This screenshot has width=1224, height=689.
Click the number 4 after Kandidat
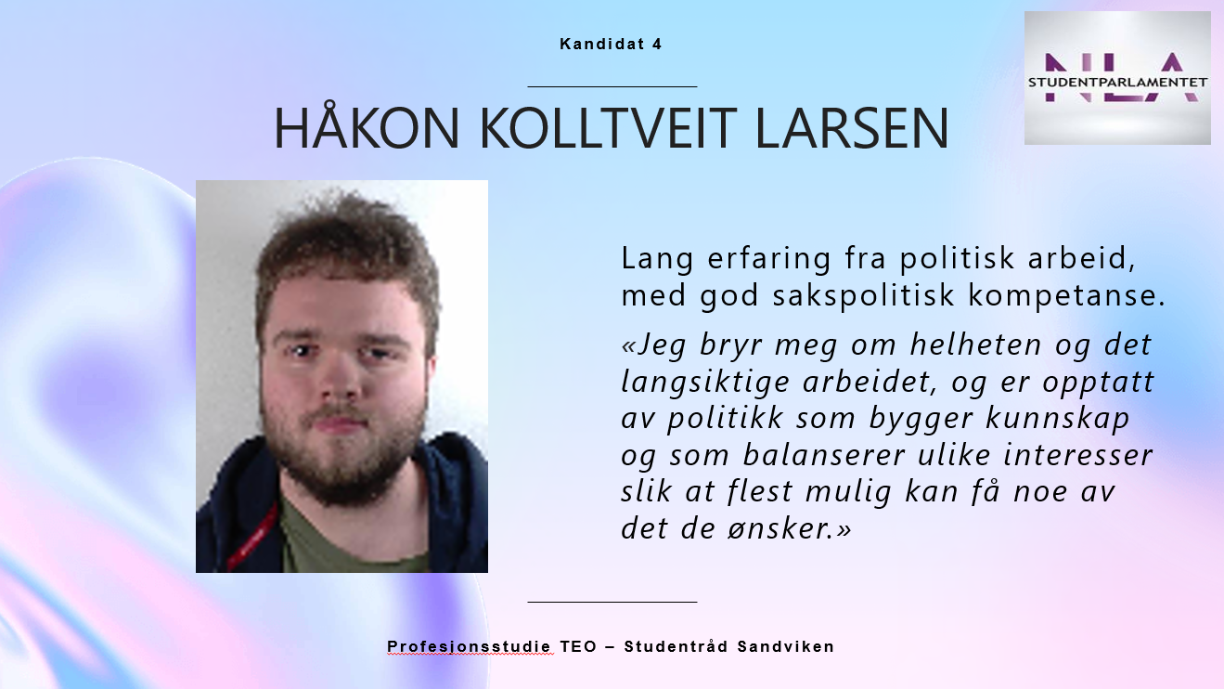[x=656, y=44]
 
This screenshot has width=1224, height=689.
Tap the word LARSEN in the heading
[x=852, y=128]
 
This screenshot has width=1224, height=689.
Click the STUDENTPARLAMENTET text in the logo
[x=1117, y=83]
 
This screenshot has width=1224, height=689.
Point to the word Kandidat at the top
[x=602, y=44]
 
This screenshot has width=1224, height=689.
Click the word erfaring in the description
[x=769, y=259]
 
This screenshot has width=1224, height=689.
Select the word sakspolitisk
[x=863, y=295]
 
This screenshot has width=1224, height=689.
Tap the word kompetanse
[x=1066, y=296]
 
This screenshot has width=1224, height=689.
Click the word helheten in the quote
[x=975, y=344]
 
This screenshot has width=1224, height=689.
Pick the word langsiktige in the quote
[x=705, y=383]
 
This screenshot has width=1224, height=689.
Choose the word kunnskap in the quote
[x=1057, y=418]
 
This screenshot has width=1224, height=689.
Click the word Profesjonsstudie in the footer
[x=469, y=647]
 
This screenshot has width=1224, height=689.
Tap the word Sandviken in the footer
[x=786, y=646]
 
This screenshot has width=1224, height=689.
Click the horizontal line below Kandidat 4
[x=612, y=86]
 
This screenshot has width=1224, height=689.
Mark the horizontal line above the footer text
[x=612, y=602]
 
